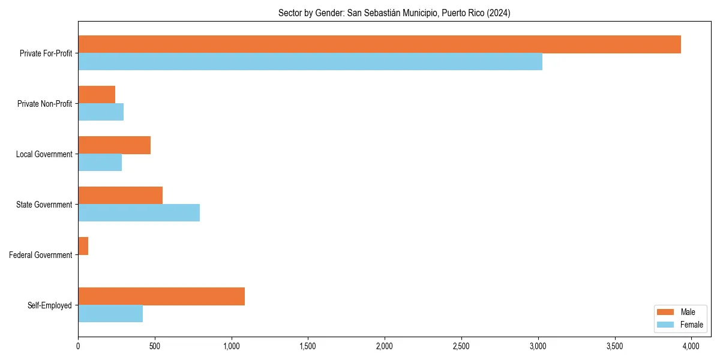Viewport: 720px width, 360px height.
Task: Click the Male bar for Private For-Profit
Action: tap(379, 44)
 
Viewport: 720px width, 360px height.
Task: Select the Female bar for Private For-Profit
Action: tap(310, 62)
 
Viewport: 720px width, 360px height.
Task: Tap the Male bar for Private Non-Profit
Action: tap(97, 95)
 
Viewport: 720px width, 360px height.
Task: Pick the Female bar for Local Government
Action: tap(100, 163)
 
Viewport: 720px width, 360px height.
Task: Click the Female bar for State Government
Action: tap(139, 213)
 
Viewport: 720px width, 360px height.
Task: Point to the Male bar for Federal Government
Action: tap(83, 246)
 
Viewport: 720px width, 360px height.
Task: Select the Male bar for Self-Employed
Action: tap(161, 296)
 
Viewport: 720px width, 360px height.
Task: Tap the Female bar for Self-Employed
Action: tap(110, 314)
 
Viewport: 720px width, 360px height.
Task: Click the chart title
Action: tap(394, 13)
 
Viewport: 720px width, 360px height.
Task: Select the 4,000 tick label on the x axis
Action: tap(691, 346)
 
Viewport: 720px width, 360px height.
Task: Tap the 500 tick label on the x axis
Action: tap(155, 346)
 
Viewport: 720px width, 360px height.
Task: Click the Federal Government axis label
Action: tap(41, 255)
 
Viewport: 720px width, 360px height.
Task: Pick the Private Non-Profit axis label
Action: tap(44, 104)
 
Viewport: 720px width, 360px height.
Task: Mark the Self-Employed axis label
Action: tap(50, 305)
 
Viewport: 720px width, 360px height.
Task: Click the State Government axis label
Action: tap(44, 205)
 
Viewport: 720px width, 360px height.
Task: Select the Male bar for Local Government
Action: tap(114, 145)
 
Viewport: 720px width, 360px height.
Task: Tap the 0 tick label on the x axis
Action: tap(78, 346)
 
